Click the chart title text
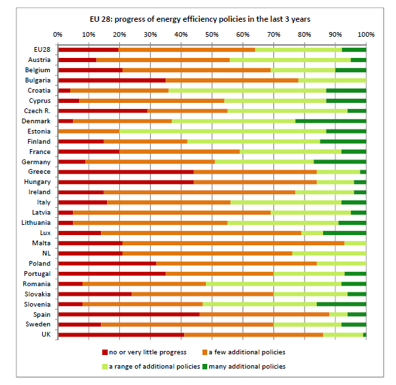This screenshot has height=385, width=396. (200, 19)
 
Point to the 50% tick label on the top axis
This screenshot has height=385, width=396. (212, 35)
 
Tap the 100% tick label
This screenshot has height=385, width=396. (366, 35)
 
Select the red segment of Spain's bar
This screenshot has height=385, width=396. (129, 314)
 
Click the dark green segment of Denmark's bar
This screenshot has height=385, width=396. (331, 121)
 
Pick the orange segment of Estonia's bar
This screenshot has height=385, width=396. (89, 132)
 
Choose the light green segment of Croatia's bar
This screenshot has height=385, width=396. (247, 91)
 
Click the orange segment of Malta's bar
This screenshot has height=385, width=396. (234, 243)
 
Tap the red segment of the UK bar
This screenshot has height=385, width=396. (121, 335)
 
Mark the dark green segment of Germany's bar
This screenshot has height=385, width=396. (340, 161)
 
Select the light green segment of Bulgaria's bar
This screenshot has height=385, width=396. (333, 80)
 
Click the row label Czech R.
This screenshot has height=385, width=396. (37, 111)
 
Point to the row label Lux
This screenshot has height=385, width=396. (45, 233)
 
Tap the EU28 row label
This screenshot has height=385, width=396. (42, 50)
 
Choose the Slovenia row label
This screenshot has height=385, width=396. (37, 305)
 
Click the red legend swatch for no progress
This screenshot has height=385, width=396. (105, 352)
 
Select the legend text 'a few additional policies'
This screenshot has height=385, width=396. (247, 352)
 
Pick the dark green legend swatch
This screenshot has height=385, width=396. (205, 367)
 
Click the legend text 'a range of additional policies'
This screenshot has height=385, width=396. (155, 367)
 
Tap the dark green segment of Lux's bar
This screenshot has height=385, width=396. (344, 233)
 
